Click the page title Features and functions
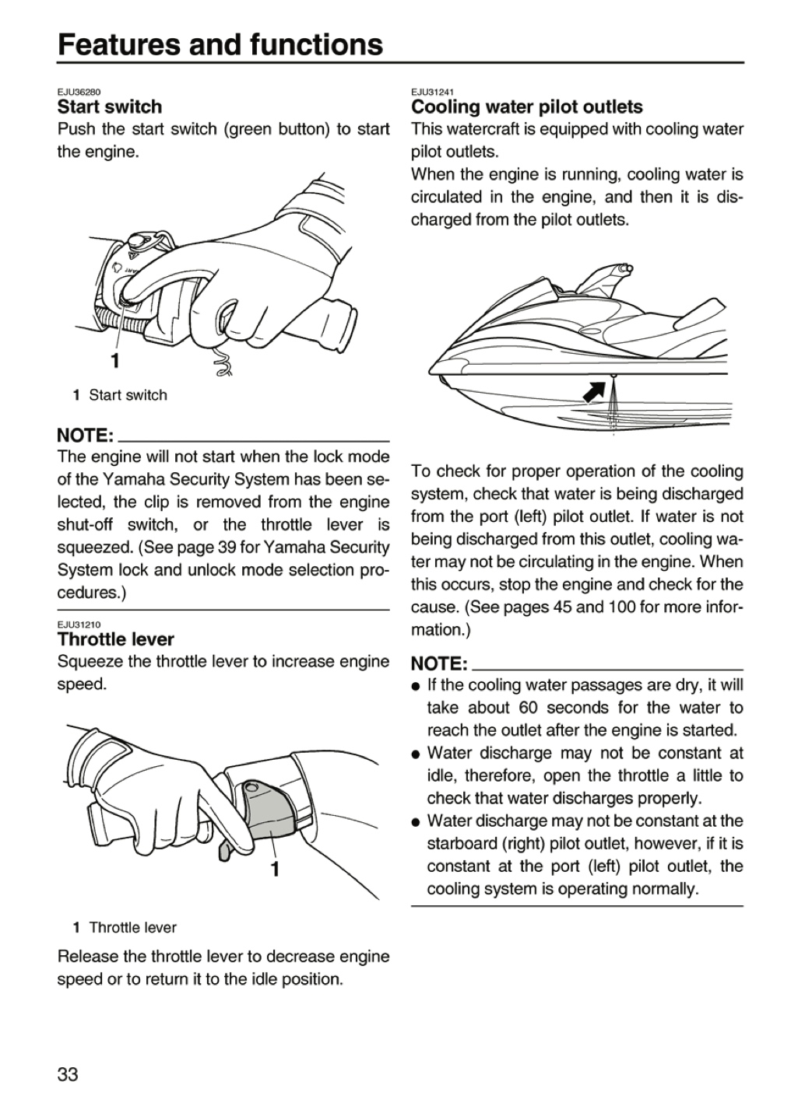(x=220, y=44)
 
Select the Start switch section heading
(x=110, y=107)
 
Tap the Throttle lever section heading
(x=116, y=639)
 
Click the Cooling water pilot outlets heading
(x=526, y=107)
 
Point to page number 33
(x=68, y=1074)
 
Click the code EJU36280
(x=79, y=92)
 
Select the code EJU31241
(x=433, y=92)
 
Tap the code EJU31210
(x=79, y=625)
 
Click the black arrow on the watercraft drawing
(x=594, y=390)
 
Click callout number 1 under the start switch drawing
(x=115, y=361)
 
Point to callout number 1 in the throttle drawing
(x=275, y=869)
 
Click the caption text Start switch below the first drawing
(x=128, y=395)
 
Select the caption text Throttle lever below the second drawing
(x=132, y=927)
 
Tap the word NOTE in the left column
(x=86, y=436)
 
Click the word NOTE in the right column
(x=439, y=663)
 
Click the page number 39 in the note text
(x=228, y=548)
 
